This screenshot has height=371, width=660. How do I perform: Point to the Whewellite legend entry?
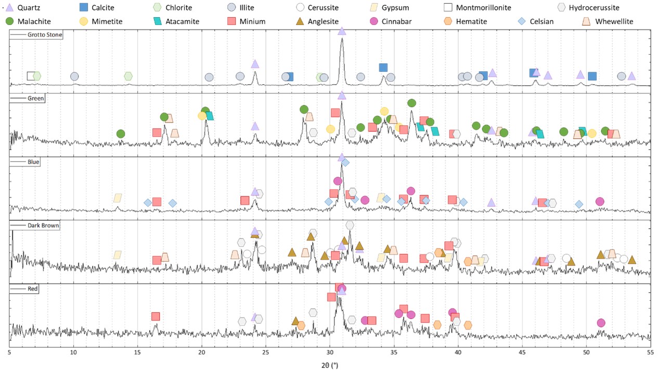tap(606, 21)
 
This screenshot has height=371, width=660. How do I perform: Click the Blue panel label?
tap(33, 162)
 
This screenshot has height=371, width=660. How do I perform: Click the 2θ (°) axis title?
tap(330, 365)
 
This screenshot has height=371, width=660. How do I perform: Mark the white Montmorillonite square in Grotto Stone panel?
tap(31, 76)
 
